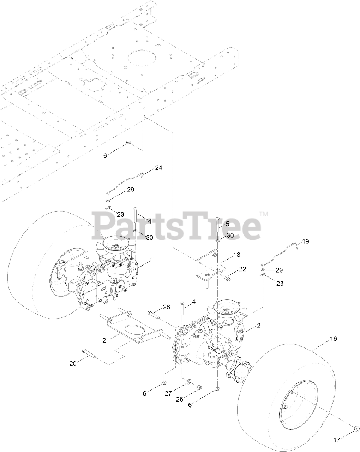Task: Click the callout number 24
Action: [158, 168]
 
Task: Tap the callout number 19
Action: [305, 241]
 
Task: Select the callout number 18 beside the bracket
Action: [236, 255]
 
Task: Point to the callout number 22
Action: [242, 269]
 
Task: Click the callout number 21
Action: [106, 340]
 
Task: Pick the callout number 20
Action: [73, 364]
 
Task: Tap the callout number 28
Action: [167, 307]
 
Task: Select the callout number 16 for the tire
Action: [333, 339]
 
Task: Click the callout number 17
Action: [337, 444]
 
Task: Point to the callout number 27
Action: [168, 393]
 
